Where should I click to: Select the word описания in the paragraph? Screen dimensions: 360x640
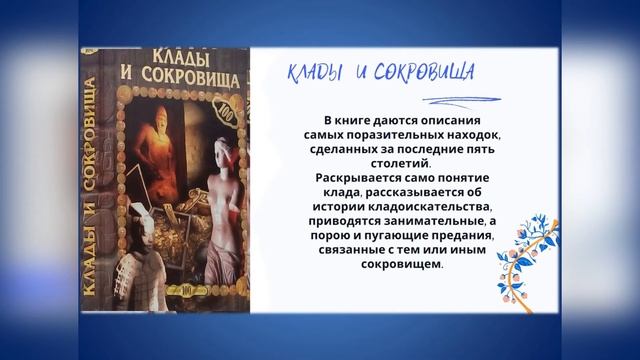point(440,118)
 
